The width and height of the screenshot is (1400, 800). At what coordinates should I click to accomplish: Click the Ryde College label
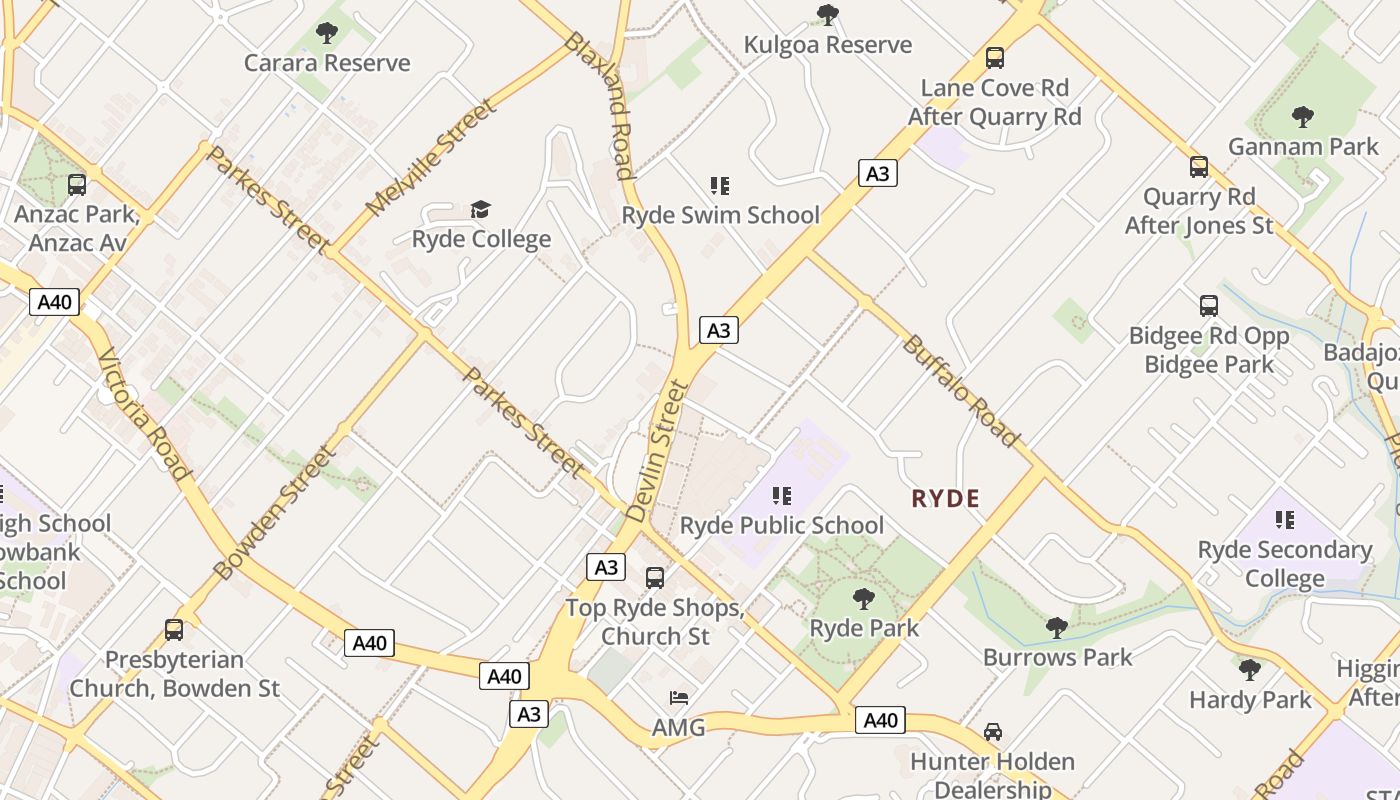tap(481, 239)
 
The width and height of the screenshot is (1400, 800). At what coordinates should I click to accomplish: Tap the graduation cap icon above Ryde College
tap(481, 209)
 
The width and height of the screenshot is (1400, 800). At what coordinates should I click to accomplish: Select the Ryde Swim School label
tap(720, 215)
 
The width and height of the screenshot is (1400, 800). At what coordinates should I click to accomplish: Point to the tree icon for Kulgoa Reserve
tap(827, 15)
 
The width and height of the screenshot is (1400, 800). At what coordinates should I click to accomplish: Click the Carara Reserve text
tap(327, 63)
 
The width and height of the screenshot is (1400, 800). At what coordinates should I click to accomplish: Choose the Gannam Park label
tap(1303, 147)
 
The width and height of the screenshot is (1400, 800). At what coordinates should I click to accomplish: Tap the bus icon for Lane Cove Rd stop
tap(994, 58)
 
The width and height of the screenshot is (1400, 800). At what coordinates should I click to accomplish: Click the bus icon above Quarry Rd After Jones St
tap(1199, 167)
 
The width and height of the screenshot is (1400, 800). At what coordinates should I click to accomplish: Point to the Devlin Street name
tap(657, 451)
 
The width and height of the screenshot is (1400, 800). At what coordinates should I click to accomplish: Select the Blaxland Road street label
tap(600, 105)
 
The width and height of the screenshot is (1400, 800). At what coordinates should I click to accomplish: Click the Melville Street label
tap(430, 158)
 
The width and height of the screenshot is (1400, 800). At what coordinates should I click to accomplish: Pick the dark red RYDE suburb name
tap(945, 498)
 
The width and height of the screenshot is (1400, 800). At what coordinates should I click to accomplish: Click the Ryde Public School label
tap(781, 525)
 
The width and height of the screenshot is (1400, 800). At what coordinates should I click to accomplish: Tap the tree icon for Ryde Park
tap(863, 599)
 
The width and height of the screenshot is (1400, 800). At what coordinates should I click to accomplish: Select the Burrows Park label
tap(1057, 657)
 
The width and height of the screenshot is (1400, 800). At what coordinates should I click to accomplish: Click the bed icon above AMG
tap(679, 698)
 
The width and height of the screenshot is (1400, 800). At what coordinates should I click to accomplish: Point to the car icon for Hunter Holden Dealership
tap(992, 732)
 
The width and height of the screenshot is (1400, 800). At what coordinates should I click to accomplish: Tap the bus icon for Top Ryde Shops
tap(655, 578)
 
